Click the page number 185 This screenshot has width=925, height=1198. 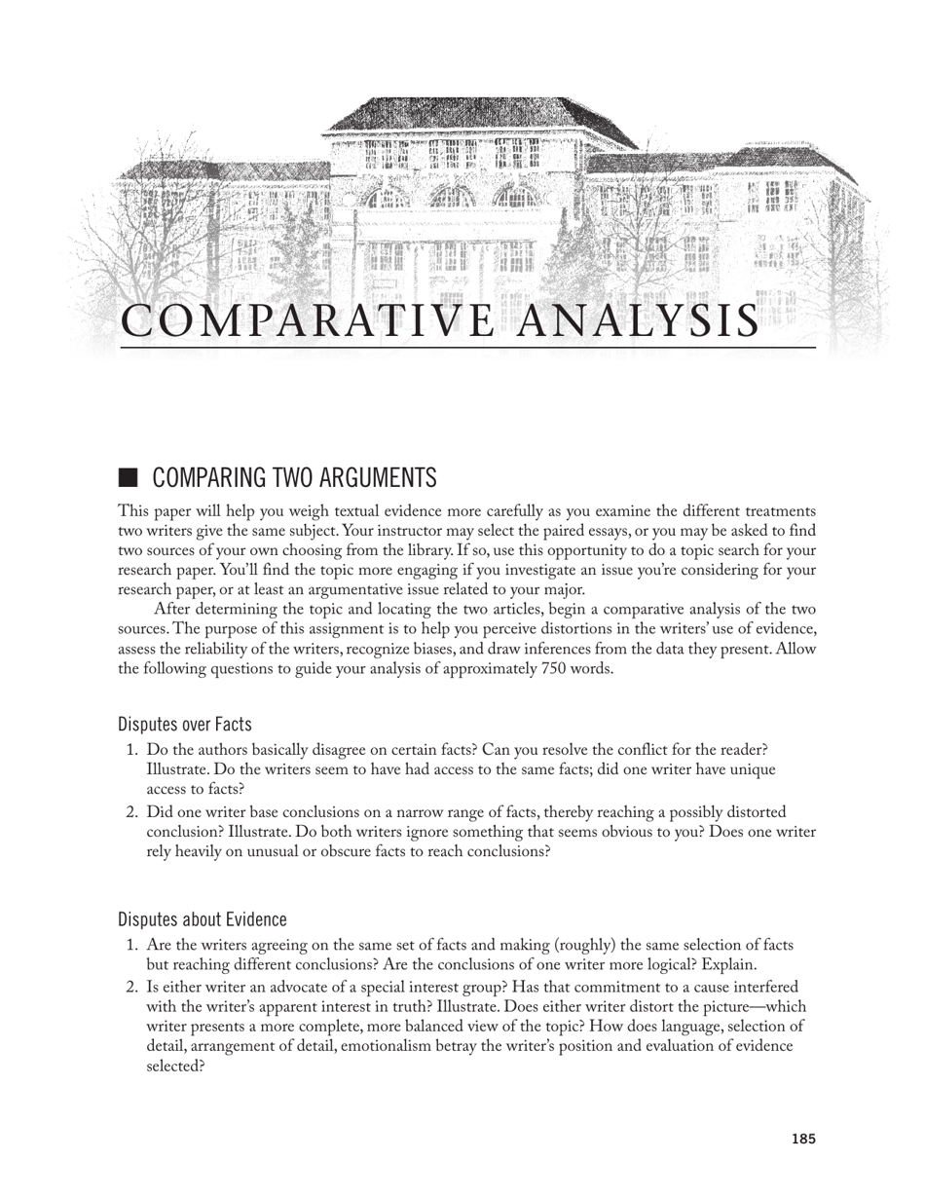pos(803,1139)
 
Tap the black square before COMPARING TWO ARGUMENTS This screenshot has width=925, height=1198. pos(129,477)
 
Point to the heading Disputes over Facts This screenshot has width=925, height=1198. pos(185,724)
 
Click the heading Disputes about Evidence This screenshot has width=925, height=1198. pos(203,919)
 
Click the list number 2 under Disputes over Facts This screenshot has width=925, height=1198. pos(132,812)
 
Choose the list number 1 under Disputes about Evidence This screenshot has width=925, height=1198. pos(132,945)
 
